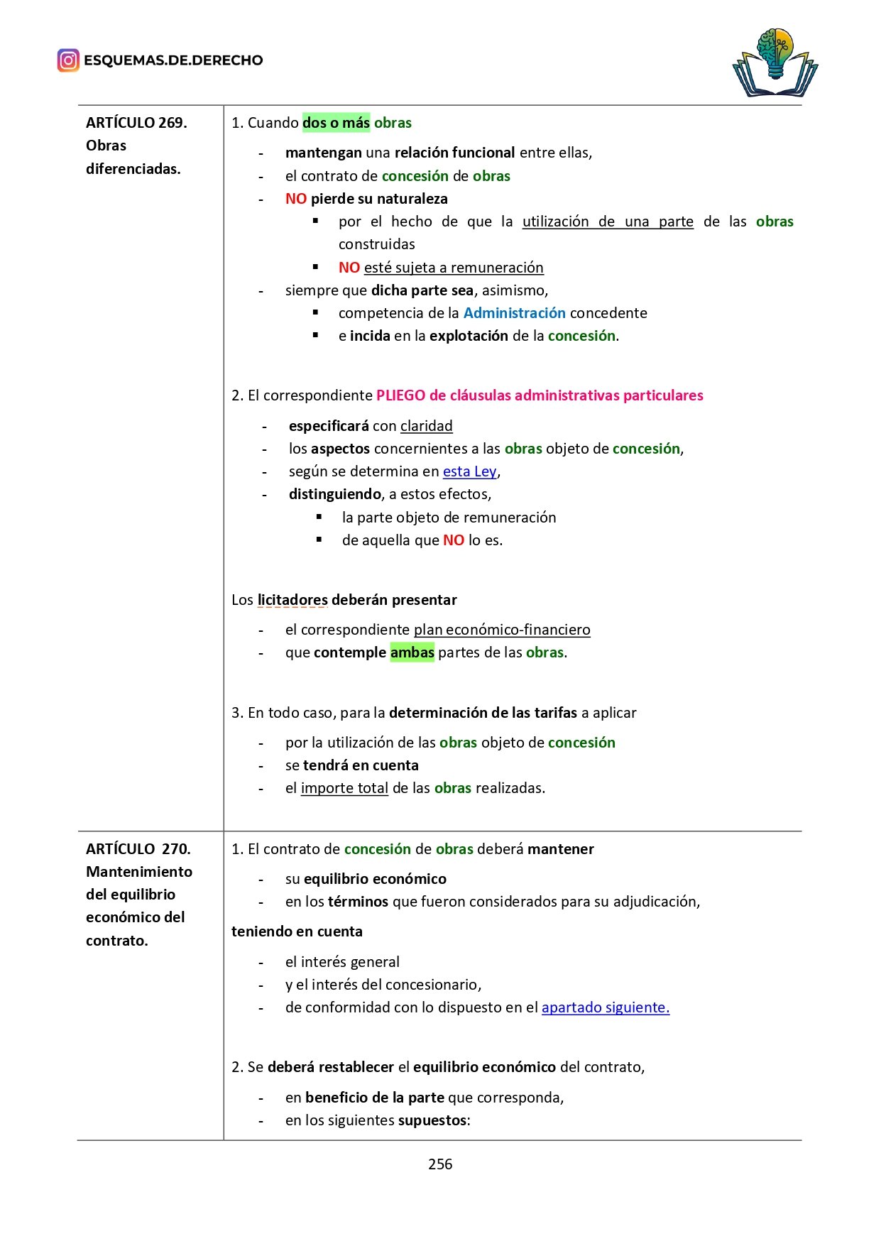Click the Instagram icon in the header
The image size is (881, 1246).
(x=68, y=60)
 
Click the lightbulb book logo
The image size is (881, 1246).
(x=775, y=63)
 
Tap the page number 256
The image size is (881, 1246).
(x=440, y=1164)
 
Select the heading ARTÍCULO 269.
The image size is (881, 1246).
(x=136, y=123)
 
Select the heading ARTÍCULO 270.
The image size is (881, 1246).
(x=138, y=849)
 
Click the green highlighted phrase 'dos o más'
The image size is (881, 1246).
(x=336, y=123)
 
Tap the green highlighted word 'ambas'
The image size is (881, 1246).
(x=412, y=652)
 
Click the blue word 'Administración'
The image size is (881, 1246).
(x=514, y=313)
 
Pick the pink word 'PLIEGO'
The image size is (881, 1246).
(x=400, y=395)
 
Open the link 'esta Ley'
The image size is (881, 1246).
(x=469, y=471)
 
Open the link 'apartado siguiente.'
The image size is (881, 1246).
(x=605, y=1007)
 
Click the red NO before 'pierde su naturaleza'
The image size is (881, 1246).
(x=295, y=199)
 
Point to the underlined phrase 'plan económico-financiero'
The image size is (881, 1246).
(x=501, y=630)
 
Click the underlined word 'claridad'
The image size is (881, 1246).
(x=426, y=426)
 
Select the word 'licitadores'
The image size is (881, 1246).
(x=292, y=600)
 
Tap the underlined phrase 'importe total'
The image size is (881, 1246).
(x=344, y=788)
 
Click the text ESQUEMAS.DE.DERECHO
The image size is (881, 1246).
(x=173, y=60)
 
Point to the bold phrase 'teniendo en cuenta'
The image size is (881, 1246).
(x=297, y=931)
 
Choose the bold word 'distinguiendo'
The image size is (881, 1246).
(x=335, y=494)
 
